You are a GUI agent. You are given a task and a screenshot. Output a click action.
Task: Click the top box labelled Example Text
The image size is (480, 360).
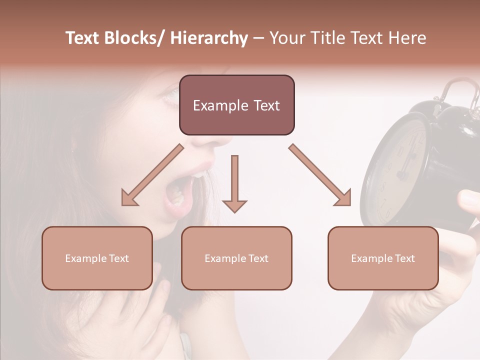point(236,105)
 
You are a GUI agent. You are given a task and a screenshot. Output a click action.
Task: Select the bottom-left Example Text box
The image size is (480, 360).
point(97,258)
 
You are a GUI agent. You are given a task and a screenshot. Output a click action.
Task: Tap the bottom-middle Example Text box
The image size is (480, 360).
point(236,258)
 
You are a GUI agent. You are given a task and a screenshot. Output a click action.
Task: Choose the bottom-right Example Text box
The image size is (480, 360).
point(383,258)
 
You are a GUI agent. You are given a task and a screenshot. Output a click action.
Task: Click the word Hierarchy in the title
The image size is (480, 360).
point(209,38)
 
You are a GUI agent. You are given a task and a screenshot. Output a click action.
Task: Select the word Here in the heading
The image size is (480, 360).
point(407,38)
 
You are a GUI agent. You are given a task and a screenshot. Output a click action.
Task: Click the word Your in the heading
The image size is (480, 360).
point(286,38)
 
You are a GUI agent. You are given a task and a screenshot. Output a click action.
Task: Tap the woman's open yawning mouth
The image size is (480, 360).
point(178,192)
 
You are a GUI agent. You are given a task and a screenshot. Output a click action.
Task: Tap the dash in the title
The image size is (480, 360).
point(258,38)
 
